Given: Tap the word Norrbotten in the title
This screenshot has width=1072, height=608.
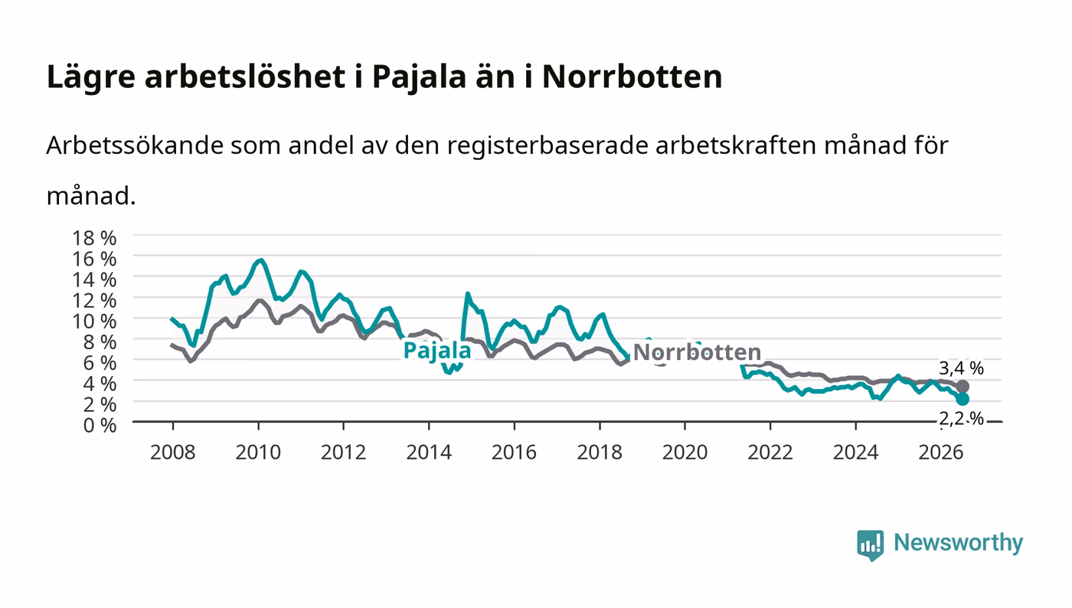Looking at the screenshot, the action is tap(632, 77).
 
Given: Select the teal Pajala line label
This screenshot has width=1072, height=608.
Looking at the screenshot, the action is tap(437, 351).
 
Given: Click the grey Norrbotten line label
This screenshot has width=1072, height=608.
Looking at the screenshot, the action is tap(697, 352).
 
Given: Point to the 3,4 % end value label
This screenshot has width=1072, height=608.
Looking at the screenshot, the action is tap(961, 368).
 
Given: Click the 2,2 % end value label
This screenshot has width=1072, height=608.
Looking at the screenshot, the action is tap(961, 419).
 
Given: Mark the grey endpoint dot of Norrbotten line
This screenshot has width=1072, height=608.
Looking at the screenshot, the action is tap(963, 387).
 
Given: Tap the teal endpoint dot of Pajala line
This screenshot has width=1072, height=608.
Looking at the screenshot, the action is tap(963, 399).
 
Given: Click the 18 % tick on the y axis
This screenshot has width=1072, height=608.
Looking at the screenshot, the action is tap(94, 238).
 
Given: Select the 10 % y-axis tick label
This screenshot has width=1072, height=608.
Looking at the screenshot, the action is tap(94, 322).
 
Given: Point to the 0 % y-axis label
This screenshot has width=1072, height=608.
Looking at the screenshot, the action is tap(100, 425).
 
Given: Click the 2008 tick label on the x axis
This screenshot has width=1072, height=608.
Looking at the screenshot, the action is tap(173, 453).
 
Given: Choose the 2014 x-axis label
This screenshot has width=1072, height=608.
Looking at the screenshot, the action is tap(429, 453).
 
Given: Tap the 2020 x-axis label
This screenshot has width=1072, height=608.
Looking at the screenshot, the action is tap(685, 453).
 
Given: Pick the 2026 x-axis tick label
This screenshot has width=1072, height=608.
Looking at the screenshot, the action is tap(941, 453).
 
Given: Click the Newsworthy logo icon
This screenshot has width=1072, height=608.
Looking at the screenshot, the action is tap(870, 545).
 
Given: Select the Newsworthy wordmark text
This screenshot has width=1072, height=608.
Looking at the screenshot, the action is tap(958, 543).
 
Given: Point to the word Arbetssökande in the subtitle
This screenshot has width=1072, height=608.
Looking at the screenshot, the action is tap(135, 145).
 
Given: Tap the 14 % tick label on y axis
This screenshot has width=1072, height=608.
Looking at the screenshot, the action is tap(94, 279).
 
